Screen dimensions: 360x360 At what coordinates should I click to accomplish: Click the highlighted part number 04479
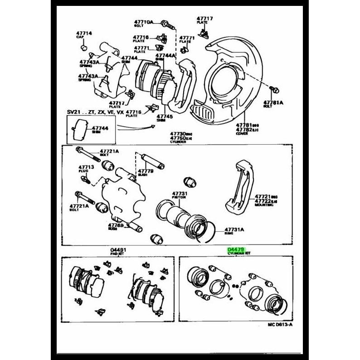point(236,250)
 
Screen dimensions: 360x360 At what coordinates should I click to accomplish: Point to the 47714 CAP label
point(83,34)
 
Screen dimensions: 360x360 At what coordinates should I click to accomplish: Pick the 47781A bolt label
point(273,103)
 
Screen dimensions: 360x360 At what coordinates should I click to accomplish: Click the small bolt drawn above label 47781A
point(274,89)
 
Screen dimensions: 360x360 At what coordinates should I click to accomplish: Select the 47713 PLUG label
point(86,167)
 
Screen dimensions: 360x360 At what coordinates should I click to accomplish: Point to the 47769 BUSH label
point(116,225)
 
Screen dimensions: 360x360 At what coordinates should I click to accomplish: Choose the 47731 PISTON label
point(180,194)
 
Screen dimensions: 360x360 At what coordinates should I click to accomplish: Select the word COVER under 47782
point(242,134)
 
